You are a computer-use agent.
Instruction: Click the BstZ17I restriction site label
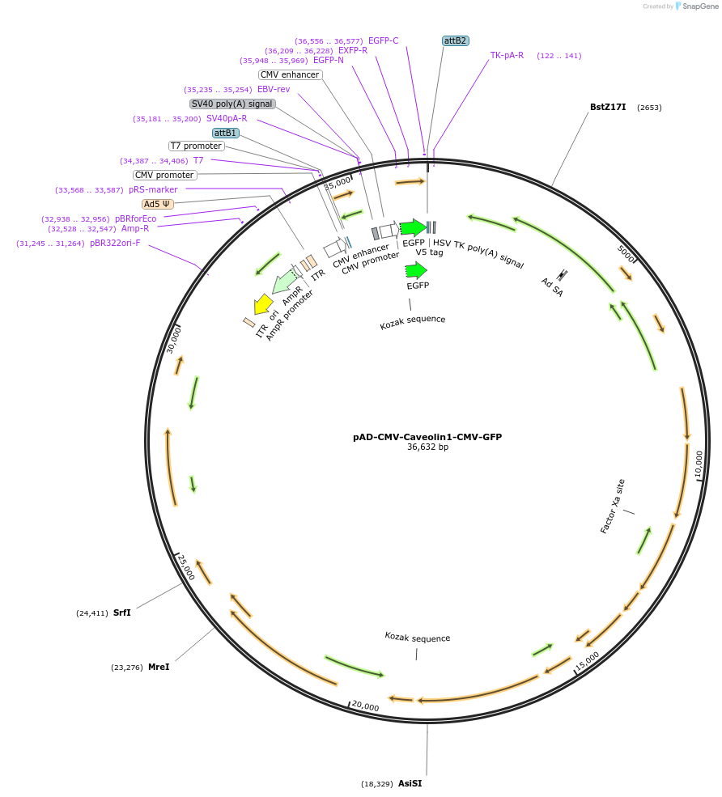tap(607, 107)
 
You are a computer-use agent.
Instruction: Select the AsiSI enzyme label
tap(410, 783)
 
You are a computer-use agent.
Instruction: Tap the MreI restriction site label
tap(159, 668)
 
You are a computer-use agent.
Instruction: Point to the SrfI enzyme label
tap(121, 613)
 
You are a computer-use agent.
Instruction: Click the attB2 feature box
tap(456, 40)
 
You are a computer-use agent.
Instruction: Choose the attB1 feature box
tap(226, 133)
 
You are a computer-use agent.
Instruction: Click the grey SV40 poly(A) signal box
tap(232, 104)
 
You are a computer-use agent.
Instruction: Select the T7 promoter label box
tap(196, 146)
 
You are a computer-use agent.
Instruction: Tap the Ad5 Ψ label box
tap(157, 204)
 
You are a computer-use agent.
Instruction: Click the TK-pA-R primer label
tap(507, 56)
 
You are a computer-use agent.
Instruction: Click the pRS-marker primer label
tap(153, 189)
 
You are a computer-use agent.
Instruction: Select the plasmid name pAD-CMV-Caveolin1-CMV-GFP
tap(427, 437)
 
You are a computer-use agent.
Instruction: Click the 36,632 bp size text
tap(427, 447)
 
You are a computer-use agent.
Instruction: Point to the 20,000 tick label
tap(366, 707)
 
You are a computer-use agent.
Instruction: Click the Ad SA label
tap(553, 286)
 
